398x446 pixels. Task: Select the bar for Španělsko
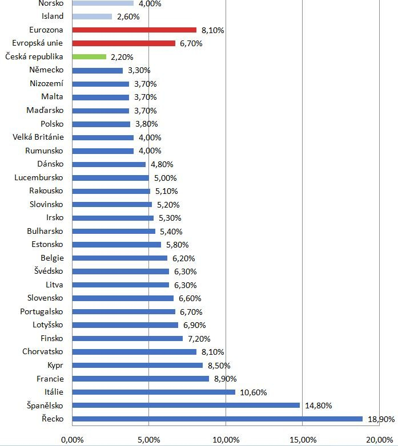[x=186, y=406]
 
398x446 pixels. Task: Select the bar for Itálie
[x=154, y=392]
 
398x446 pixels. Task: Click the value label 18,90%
[x=380, y=419]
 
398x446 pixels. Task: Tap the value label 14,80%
[x=318, y=406]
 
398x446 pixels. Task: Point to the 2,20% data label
[x=122, y=57]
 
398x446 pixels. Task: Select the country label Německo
[x=47, y=70]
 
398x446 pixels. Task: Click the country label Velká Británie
[x=38, y=137]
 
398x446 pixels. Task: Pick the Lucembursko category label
[x=39, y=177]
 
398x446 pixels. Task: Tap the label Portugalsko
[x=42, y=311]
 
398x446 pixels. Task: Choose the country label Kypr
[x=55, y=365]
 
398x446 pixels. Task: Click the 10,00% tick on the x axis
[x=226, y=439]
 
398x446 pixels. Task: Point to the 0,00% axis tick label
[x=71, y=439]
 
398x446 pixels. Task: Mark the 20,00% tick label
[x=377, y=439]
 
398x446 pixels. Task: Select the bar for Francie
[x=140, y=379]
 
